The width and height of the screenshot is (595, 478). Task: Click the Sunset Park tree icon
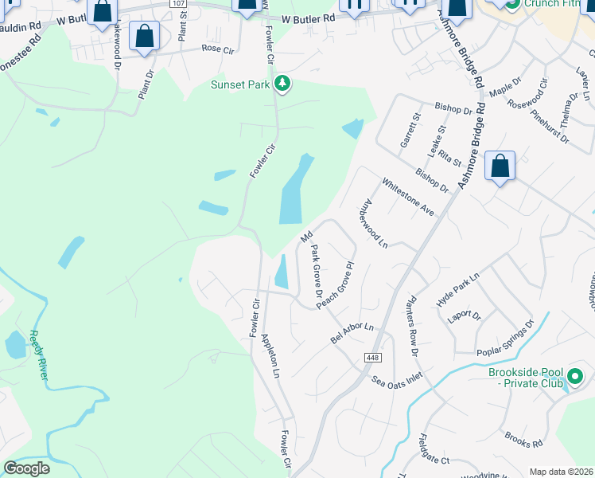[x=282, y=84]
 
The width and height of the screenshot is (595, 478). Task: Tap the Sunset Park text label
[x=240, y=85]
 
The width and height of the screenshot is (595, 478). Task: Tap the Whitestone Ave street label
[x=408, y=196]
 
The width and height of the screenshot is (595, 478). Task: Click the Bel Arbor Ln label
[x=352, y=333]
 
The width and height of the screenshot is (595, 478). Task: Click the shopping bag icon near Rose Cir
[x=144, y=36]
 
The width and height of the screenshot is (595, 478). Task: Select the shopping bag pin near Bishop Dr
[x=500, y=167]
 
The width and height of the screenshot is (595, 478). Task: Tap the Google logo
[x=26, y=468]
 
